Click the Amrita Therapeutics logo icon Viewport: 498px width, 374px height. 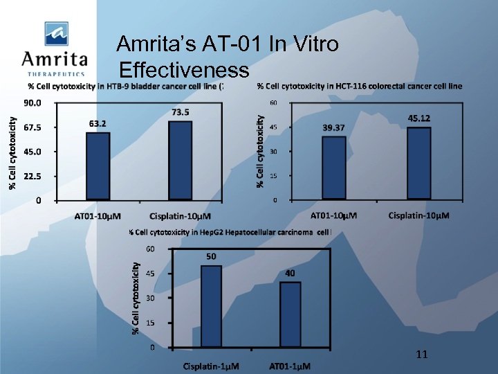coord(57,33)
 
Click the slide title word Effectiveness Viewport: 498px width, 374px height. coord(184,70)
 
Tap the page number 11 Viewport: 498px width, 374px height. coord(422,354)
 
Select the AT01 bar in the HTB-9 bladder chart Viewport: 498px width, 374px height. coord(98,166)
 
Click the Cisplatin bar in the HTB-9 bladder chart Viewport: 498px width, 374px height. coord(181,160)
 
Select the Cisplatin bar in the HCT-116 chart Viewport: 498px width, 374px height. coord(418,163)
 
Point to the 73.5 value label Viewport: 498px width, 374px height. coord(181,112)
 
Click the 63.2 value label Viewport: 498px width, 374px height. coord(98,123)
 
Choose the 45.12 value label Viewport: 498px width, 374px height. coord(418,118)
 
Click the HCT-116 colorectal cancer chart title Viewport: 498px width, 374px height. coord(359,86)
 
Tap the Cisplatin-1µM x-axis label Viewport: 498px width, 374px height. coord(211,365)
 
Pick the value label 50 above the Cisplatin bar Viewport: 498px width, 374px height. coord(211,256)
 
